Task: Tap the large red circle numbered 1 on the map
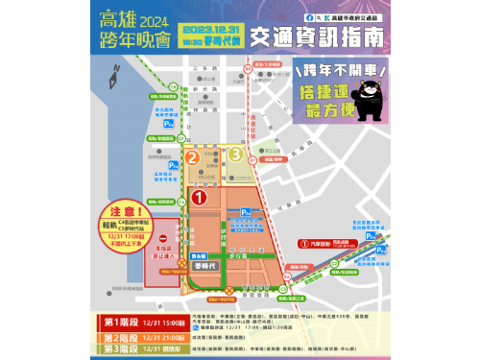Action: coord(200,198)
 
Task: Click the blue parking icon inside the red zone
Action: coord(247,212)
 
